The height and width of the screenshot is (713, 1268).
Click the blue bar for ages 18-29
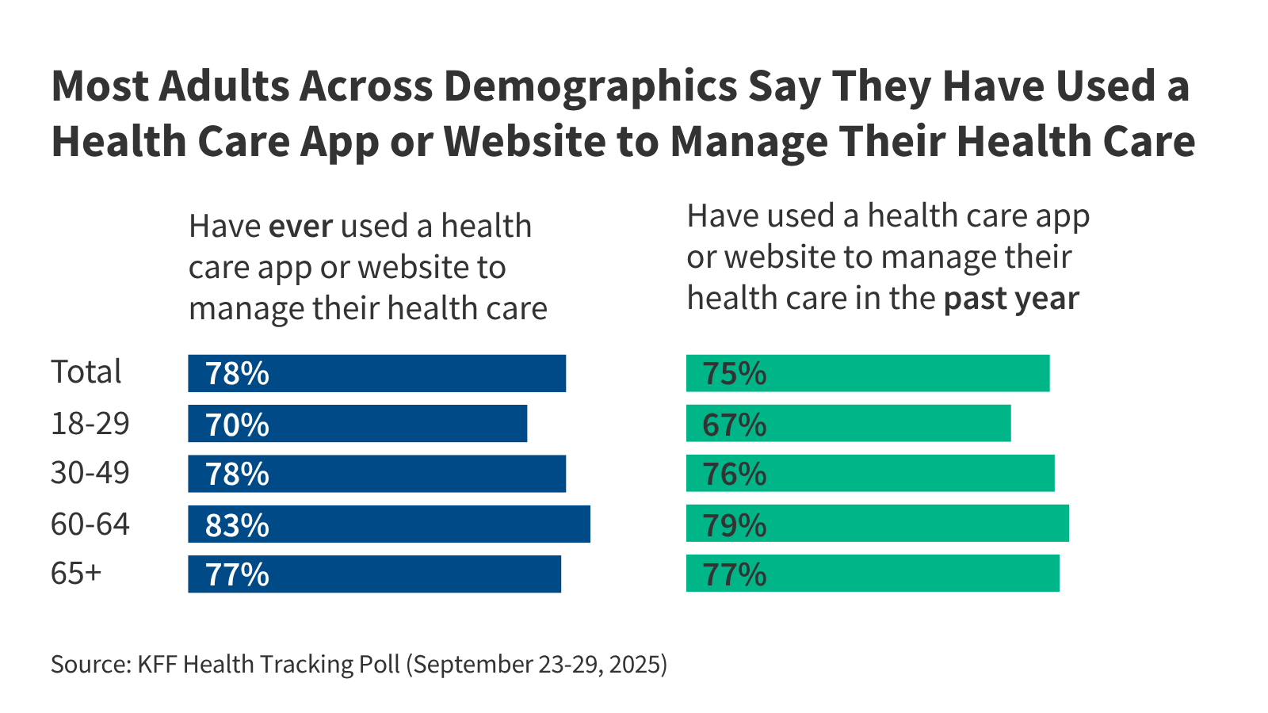pyautogui.click(x=357, y=424)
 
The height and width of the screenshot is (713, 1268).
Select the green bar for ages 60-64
pyautogui.click(x=877, y=524)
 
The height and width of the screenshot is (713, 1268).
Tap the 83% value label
pyautogui.click(x=237, y=525)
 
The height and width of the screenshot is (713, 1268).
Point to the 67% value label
pyautogui.click(x=734, y=425)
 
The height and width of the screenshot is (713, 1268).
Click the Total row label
pyautogui.click(x=86, y=372)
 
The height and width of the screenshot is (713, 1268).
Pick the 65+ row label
pyautogui.click(x=76, y=574)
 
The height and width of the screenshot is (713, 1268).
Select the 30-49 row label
pyautogui.click(x=90, y=473)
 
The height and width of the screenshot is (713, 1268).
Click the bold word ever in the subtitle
pyautogui.click(x=300, y=227)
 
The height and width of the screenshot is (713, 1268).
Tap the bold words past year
pyautogui.click(x=1011, y=299)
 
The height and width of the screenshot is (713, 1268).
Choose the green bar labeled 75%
pyautogui.click(x=868, y=373)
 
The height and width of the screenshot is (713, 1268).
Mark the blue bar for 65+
pyautogui.click(x=374, y=574)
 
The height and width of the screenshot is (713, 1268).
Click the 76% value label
pyautogui.click(x=734, y=474)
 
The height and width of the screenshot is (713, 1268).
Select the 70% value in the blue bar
pyautogui.click(x=237, y=425)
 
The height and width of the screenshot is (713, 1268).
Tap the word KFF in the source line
pyautogui.click(x=158, y=664)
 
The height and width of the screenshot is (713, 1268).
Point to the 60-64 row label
pyautogui.click(x=90, y=524)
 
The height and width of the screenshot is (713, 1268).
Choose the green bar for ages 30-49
pyautogui.click(x=870, y=474)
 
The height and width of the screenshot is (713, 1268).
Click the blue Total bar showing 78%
pyautogui.click(x=376, y=373)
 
